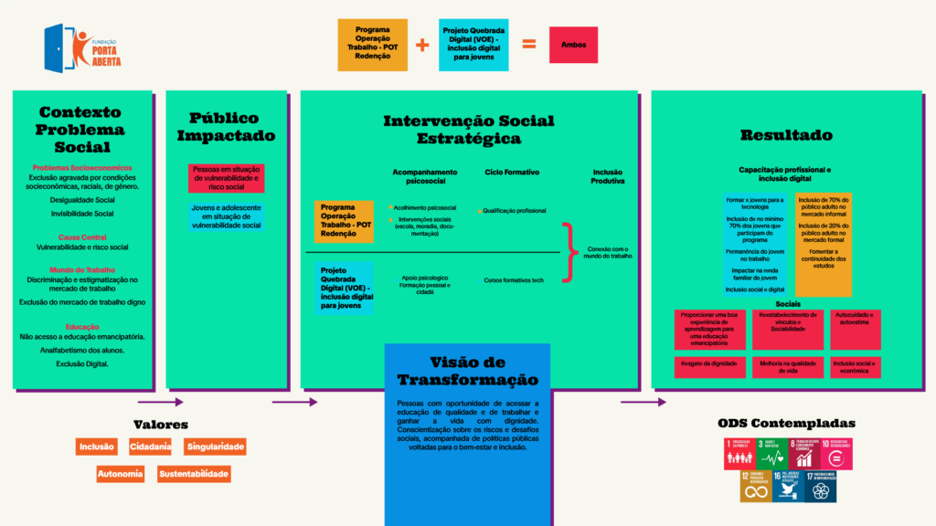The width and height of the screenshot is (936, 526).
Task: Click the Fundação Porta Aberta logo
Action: [x=82, y=47]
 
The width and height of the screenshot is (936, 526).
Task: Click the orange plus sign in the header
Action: [x=421, y=44]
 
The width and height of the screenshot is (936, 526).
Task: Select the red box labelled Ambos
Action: [x=573, y=44]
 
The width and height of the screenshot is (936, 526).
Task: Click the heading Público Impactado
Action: [x=225, y=127]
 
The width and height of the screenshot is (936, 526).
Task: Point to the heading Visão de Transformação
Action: [x=467, y=370]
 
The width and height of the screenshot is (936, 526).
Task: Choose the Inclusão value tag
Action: [x=97, y=447]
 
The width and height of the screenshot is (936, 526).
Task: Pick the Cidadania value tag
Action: [x=150, y=447]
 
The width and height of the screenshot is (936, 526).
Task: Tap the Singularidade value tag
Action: [x=216, y=447]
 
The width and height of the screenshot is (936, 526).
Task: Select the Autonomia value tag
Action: [x=120, y=474]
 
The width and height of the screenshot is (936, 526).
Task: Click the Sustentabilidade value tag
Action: [x=194, y=474]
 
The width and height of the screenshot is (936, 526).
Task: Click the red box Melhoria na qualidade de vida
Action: [x=787, y=366]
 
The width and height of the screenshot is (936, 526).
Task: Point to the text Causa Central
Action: [x=82, y=237]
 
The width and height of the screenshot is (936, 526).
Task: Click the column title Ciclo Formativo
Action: [x=512, y=172]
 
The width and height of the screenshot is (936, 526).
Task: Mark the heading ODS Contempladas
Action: [x=786, y=424]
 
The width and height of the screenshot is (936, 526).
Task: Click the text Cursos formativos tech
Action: [x=514, y=279]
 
